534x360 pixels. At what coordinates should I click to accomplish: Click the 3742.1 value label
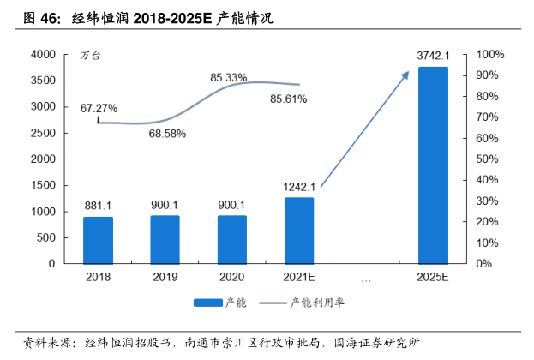434,56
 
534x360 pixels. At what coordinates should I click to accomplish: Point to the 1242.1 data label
299,186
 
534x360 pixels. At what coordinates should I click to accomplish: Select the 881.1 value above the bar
98,205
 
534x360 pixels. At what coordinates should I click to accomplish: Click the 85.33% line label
228,78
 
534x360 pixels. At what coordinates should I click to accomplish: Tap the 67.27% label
99,108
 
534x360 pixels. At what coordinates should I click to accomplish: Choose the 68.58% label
167,134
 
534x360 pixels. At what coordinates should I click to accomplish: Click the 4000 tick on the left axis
43,55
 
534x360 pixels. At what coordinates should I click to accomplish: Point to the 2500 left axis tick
43,133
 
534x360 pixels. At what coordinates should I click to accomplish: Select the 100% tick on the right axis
490,55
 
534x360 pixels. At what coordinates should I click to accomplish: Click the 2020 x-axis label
231,277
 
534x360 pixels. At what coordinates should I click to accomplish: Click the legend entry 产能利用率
317,303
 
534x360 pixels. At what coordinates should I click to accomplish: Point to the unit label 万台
91,56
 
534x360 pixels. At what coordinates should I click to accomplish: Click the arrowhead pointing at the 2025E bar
406,75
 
